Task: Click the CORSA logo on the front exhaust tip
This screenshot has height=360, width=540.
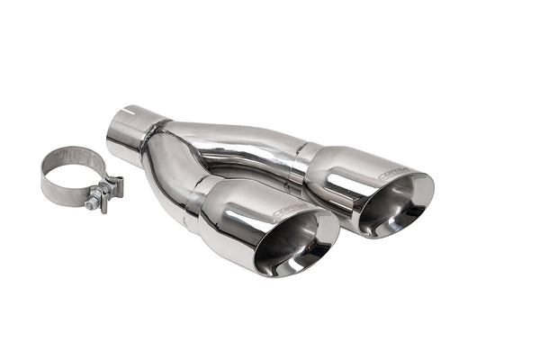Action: (x=289, y=211)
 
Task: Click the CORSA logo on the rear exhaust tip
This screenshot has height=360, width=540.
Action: (x=392, y=172)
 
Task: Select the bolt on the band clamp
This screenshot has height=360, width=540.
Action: (x=93, y=203)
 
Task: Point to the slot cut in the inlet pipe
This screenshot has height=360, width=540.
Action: (x=132, y=113)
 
